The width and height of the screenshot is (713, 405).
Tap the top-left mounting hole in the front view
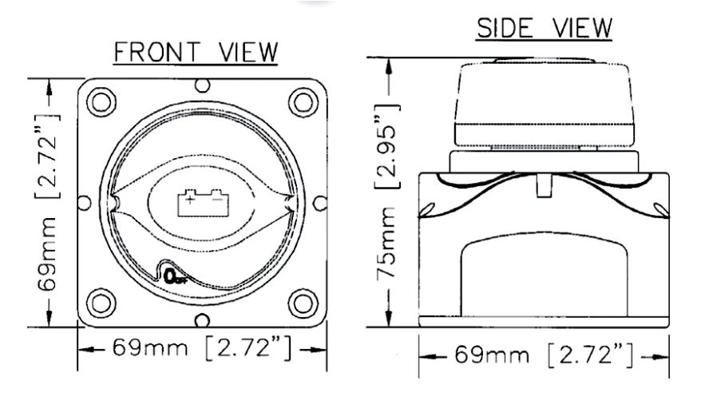101,101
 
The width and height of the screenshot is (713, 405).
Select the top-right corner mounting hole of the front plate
301,101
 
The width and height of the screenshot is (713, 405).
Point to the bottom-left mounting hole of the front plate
101,303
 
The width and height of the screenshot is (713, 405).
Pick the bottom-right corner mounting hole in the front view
301,303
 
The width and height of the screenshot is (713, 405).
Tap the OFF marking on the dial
174,276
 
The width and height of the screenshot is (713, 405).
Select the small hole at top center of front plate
203,84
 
